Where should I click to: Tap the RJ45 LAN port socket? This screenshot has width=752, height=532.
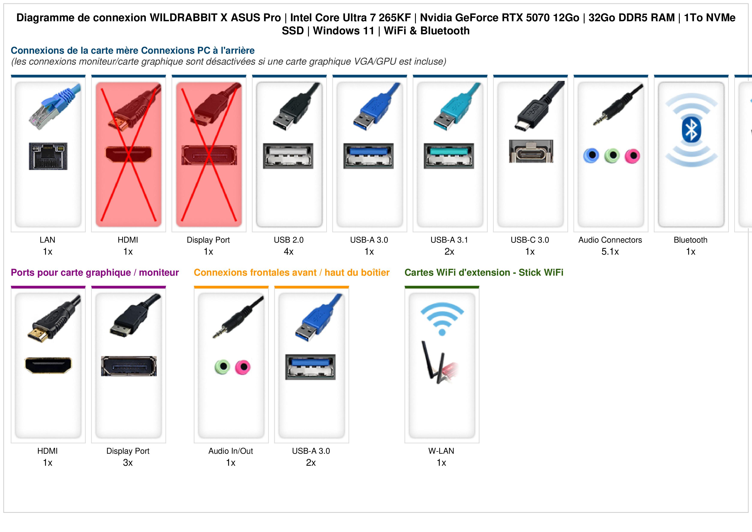(x=48, y=156)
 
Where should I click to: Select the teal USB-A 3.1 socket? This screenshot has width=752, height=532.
(x=449, y=156)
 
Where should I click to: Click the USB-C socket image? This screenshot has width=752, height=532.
(x=531, y=151)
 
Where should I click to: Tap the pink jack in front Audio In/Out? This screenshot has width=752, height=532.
(x=243, y=367)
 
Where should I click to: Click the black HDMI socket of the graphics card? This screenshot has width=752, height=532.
(x=48, y=365)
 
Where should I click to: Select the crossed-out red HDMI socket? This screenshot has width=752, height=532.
(x=128, y=154)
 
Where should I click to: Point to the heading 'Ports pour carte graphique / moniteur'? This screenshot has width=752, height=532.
(x=95, y=272)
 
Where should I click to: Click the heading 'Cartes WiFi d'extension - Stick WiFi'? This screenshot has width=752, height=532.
(x=484, y=272)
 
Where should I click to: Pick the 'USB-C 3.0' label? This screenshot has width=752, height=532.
(x=530, y=240)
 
